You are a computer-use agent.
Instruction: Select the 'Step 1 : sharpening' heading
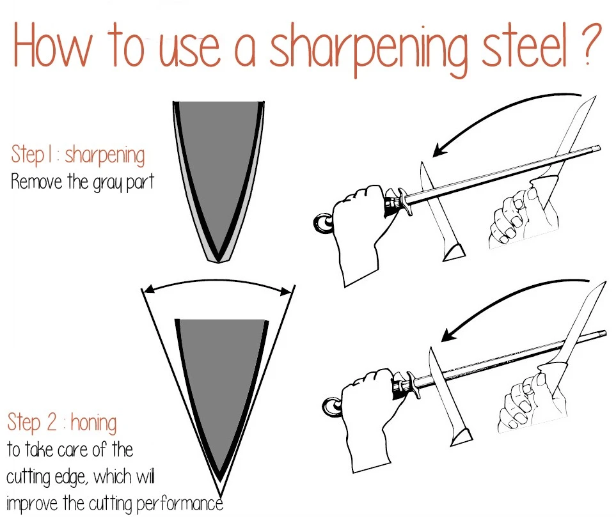78,155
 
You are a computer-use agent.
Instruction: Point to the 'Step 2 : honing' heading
62,423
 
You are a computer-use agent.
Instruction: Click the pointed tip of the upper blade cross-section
218,261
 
